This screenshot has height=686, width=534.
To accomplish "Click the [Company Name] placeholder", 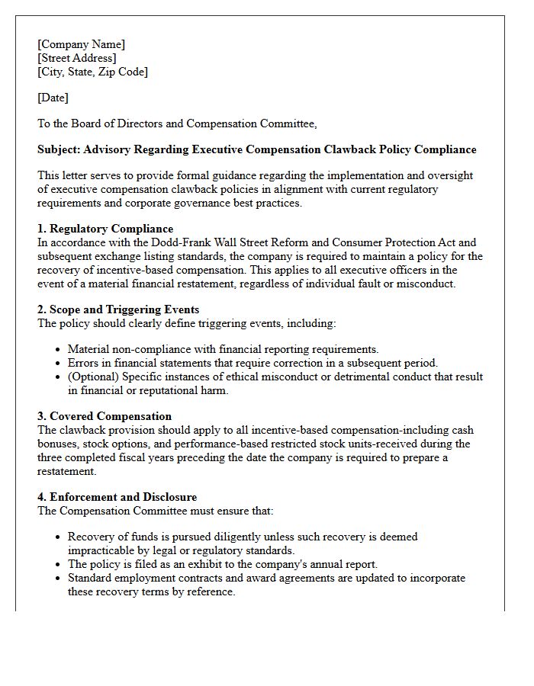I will tap(82, 44).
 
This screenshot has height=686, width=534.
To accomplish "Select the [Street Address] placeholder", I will tap(77, 58).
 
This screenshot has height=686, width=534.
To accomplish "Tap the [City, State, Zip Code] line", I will tap(92, 72).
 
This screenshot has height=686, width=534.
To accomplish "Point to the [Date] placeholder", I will tap(53, 98).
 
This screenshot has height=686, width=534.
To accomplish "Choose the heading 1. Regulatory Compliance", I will tap(105, 229).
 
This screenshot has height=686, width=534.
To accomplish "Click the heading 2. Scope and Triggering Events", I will tap(118, 309).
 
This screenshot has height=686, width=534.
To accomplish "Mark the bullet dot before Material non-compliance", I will tap(59, 350).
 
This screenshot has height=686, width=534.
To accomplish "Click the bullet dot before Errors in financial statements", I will tap(59, 364).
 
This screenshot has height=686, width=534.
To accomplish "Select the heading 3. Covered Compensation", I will tap(105, 416).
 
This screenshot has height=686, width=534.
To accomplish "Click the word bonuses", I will tap(58, 444).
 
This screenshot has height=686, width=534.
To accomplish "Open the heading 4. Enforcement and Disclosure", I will tap(117, 497).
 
